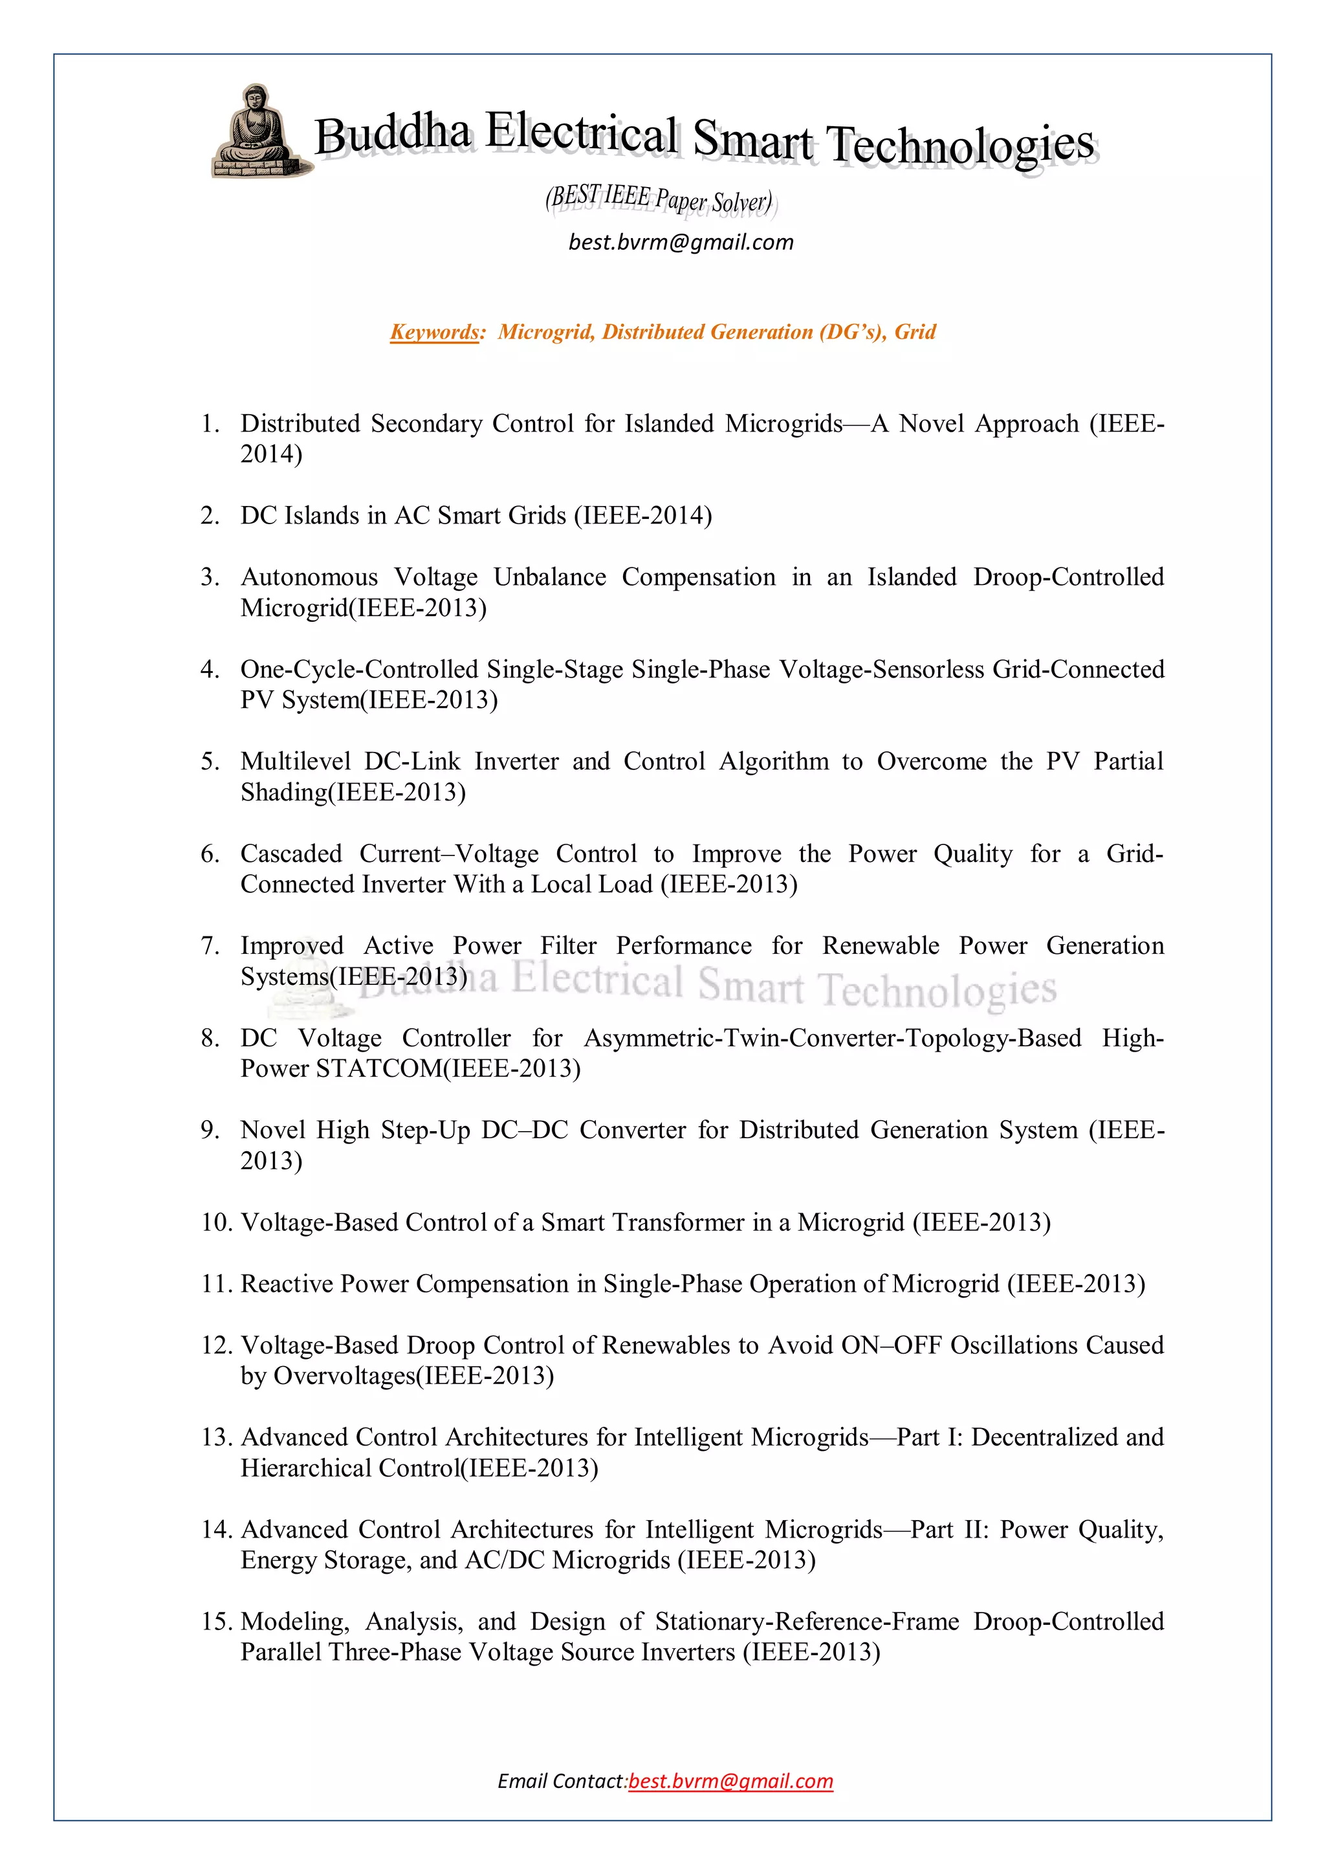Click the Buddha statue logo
[x=256, y=132]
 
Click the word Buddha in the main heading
[x=393, y=135]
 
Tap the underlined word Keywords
[x=435, y=332]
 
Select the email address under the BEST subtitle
[x=681, y=243]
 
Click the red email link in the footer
[x=731, y=1781]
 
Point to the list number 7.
[x=210, y=946]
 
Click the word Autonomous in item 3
[x=309, y=577]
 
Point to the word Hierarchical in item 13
[x=305, y=1468]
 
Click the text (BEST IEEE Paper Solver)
[x=659, y=199]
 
